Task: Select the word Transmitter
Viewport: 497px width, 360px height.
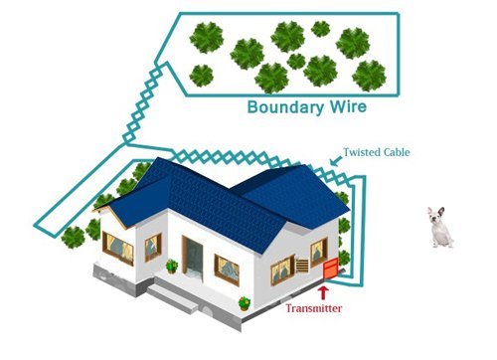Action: coord(314,309)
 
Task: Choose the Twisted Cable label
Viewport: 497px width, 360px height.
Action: coord(376,153)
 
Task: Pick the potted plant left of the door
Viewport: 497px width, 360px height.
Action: coord(172,267)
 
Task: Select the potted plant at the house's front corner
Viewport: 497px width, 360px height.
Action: coord(244,301)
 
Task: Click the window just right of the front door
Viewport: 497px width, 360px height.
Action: coord(227,268)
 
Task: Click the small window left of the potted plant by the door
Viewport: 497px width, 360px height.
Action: coord(152,247)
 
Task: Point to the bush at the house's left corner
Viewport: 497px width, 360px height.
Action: coord(74,237)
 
